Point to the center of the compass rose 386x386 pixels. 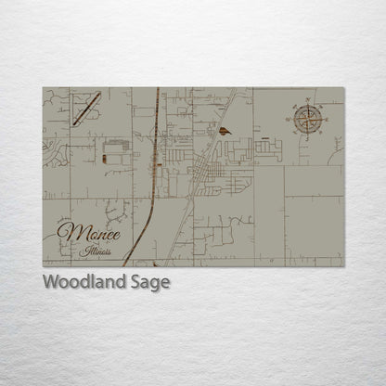click(309, 118)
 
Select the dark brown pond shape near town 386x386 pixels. click(225, 132)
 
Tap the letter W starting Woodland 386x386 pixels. click(50, 281)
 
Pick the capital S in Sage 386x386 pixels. click(134, 281)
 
